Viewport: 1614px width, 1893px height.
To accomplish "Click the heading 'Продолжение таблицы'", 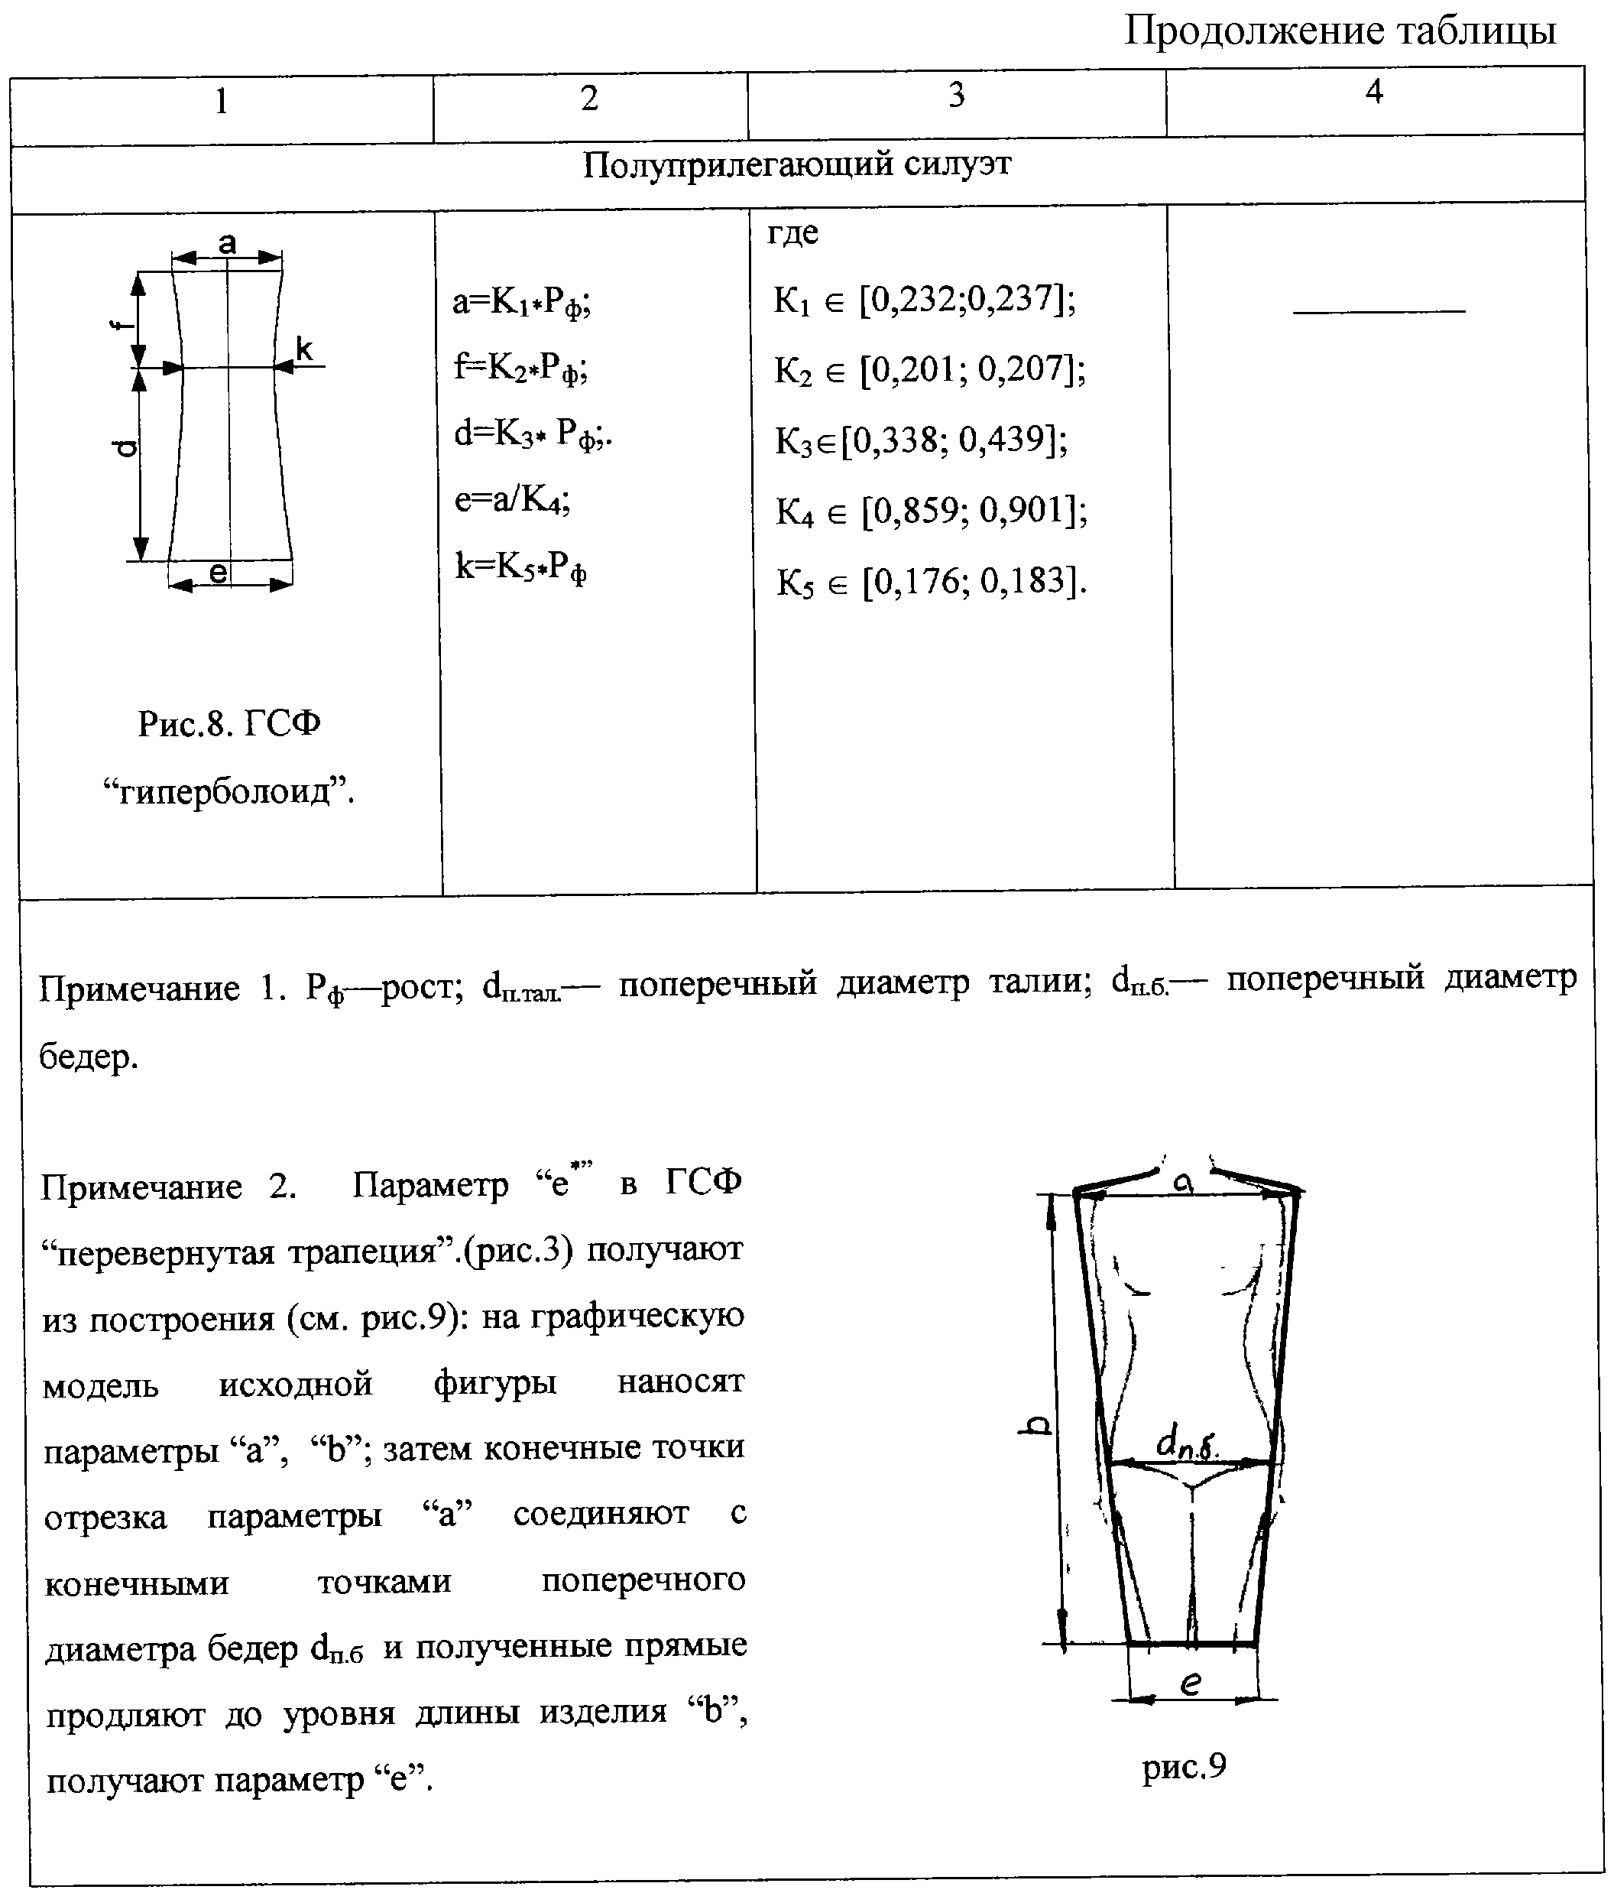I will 1339,31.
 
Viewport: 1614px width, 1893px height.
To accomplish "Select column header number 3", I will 956,94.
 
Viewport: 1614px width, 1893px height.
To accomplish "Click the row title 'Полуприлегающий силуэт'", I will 796,165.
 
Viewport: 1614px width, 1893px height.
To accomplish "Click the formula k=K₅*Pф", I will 520,568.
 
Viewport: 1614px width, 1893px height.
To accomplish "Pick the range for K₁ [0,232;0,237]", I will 925,300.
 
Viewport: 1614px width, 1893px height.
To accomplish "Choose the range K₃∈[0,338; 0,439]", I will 922,440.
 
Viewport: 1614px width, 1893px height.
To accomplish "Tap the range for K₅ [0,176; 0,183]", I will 932,581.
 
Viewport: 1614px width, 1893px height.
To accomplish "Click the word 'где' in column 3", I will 792,233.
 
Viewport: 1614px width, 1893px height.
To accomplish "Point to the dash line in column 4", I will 1379,311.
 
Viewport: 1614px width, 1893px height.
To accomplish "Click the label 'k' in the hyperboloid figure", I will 304,349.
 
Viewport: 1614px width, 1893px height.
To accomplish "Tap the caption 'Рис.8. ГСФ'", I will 229,725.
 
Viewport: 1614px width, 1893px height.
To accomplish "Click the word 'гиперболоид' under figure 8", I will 228,791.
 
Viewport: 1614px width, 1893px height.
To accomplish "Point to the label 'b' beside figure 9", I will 1035,1426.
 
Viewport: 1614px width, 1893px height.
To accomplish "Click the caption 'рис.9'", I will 1184,1768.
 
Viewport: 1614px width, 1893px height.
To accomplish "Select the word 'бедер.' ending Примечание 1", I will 89,1058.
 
